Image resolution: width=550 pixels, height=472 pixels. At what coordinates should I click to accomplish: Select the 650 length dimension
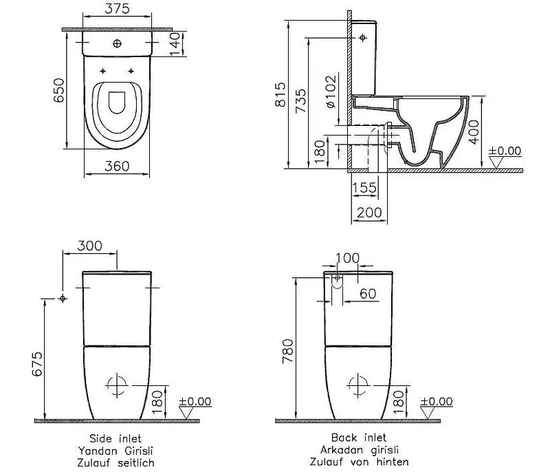[x=58, y=90]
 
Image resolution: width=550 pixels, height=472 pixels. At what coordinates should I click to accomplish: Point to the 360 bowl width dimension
[x=118, y=165]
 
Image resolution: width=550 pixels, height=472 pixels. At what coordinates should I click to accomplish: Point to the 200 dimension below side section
[x=370, y=213]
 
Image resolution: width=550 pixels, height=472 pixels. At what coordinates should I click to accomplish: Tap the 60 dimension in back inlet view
[x=368, y=294]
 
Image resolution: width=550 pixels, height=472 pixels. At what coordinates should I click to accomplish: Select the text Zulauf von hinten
[x=368, y=462]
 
